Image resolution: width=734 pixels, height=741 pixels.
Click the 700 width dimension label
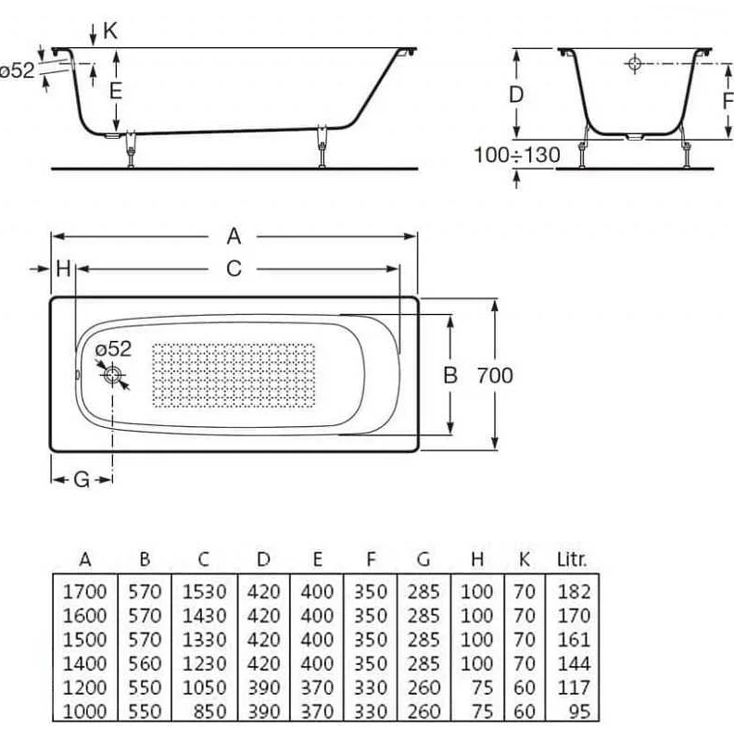point(495,376)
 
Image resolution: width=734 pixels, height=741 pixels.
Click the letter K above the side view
point(110,31)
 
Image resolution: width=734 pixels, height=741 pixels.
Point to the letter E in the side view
point(115,91)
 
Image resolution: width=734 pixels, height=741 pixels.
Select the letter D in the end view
point(517,94)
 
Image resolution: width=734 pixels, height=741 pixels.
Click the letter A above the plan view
point(234,237)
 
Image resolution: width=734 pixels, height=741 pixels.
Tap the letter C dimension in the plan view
point(234,269)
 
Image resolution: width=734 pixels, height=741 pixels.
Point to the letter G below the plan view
point(82,480)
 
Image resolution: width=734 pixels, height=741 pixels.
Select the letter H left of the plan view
point(63,269)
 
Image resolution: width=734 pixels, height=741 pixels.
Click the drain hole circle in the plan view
point(113,375)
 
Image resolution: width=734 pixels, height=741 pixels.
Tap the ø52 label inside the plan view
point(115,349)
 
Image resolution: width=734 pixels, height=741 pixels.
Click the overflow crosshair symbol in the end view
point(635,64)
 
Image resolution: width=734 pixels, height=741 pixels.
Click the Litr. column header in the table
point(572,559)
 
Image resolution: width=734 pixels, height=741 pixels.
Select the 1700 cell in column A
point(85,591)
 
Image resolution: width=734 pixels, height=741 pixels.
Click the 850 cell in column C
point(209,711)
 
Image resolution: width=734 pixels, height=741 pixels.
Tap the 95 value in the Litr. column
point(579,711)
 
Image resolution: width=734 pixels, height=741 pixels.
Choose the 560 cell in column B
point(145,663)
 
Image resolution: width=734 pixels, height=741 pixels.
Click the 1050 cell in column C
point(204,687)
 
